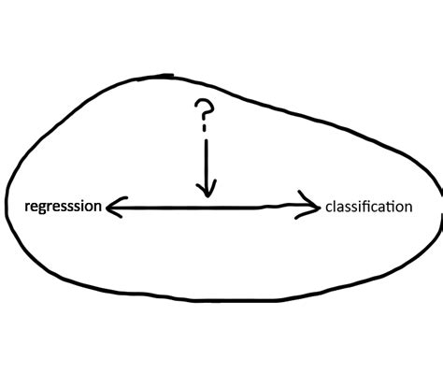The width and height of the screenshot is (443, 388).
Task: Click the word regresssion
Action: click(x=63, y=205)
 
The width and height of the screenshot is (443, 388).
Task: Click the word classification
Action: click(x=368, y=206)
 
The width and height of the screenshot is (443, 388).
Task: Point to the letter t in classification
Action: click(x=390, y=205)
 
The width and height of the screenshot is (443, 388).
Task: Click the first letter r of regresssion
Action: click(x=26, y=206)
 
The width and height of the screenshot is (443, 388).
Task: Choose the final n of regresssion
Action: click(x=97, y=206)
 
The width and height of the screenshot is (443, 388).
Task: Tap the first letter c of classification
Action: click(x=329, y=207)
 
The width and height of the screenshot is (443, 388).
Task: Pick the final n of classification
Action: click(x=407, y=207)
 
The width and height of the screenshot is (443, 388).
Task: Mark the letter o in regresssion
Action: click(x=89, y=206)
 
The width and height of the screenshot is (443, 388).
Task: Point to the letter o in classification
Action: click(x=398, y=207)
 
